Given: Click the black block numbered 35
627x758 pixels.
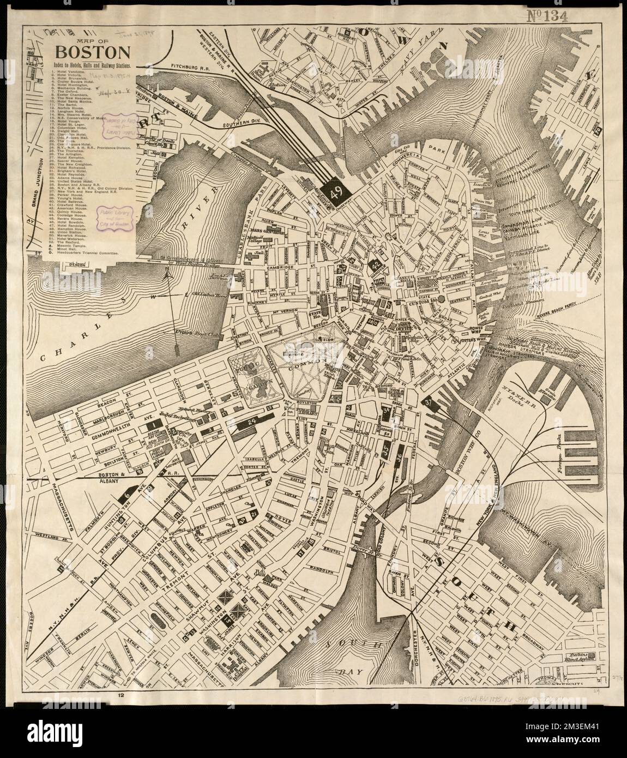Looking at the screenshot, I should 386,450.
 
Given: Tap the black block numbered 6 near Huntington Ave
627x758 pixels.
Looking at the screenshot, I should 126,495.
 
